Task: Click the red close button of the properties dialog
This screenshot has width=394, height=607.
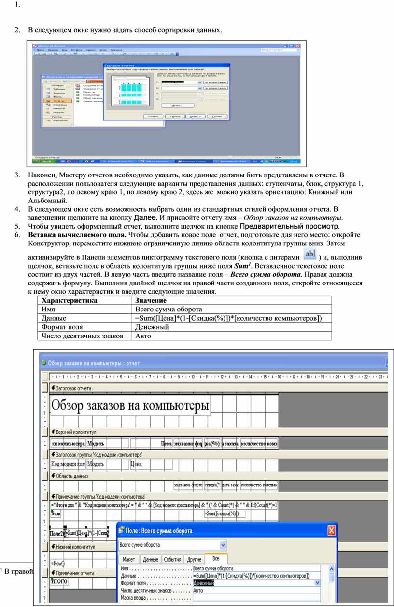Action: (332, 531)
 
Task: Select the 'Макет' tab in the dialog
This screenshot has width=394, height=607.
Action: (129, 559)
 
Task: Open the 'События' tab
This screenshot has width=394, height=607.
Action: (172, 559)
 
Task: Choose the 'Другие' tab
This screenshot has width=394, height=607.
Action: (195, 559)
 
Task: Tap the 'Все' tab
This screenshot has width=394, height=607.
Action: (215, 559)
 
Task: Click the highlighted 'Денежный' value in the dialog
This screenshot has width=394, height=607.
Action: (203, 583)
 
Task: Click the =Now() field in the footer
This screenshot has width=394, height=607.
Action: (58, 563)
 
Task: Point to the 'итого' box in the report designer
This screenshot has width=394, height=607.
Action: (59, 581)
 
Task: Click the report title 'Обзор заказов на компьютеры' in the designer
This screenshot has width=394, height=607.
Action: (130, 406)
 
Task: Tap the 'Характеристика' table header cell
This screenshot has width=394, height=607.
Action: (70, 300)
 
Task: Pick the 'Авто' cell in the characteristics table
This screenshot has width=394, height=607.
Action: (143, 336)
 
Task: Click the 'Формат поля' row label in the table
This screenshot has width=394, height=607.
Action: (62, 327)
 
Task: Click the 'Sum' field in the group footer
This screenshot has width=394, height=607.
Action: (56, 514)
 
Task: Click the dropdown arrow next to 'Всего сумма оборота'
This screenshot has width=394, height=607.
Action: (223, 545)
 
